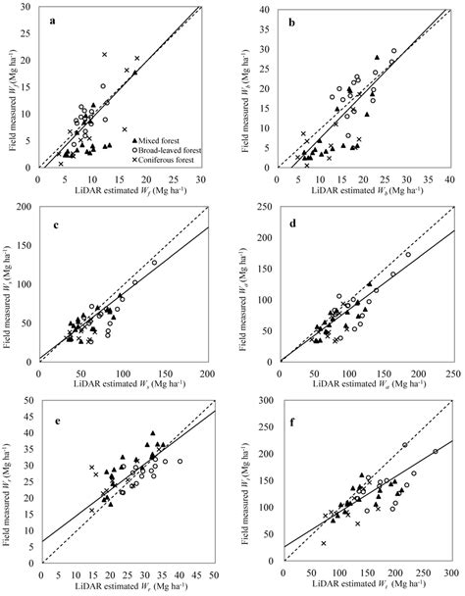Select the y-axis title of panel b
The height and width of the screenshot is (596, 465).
248,88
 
